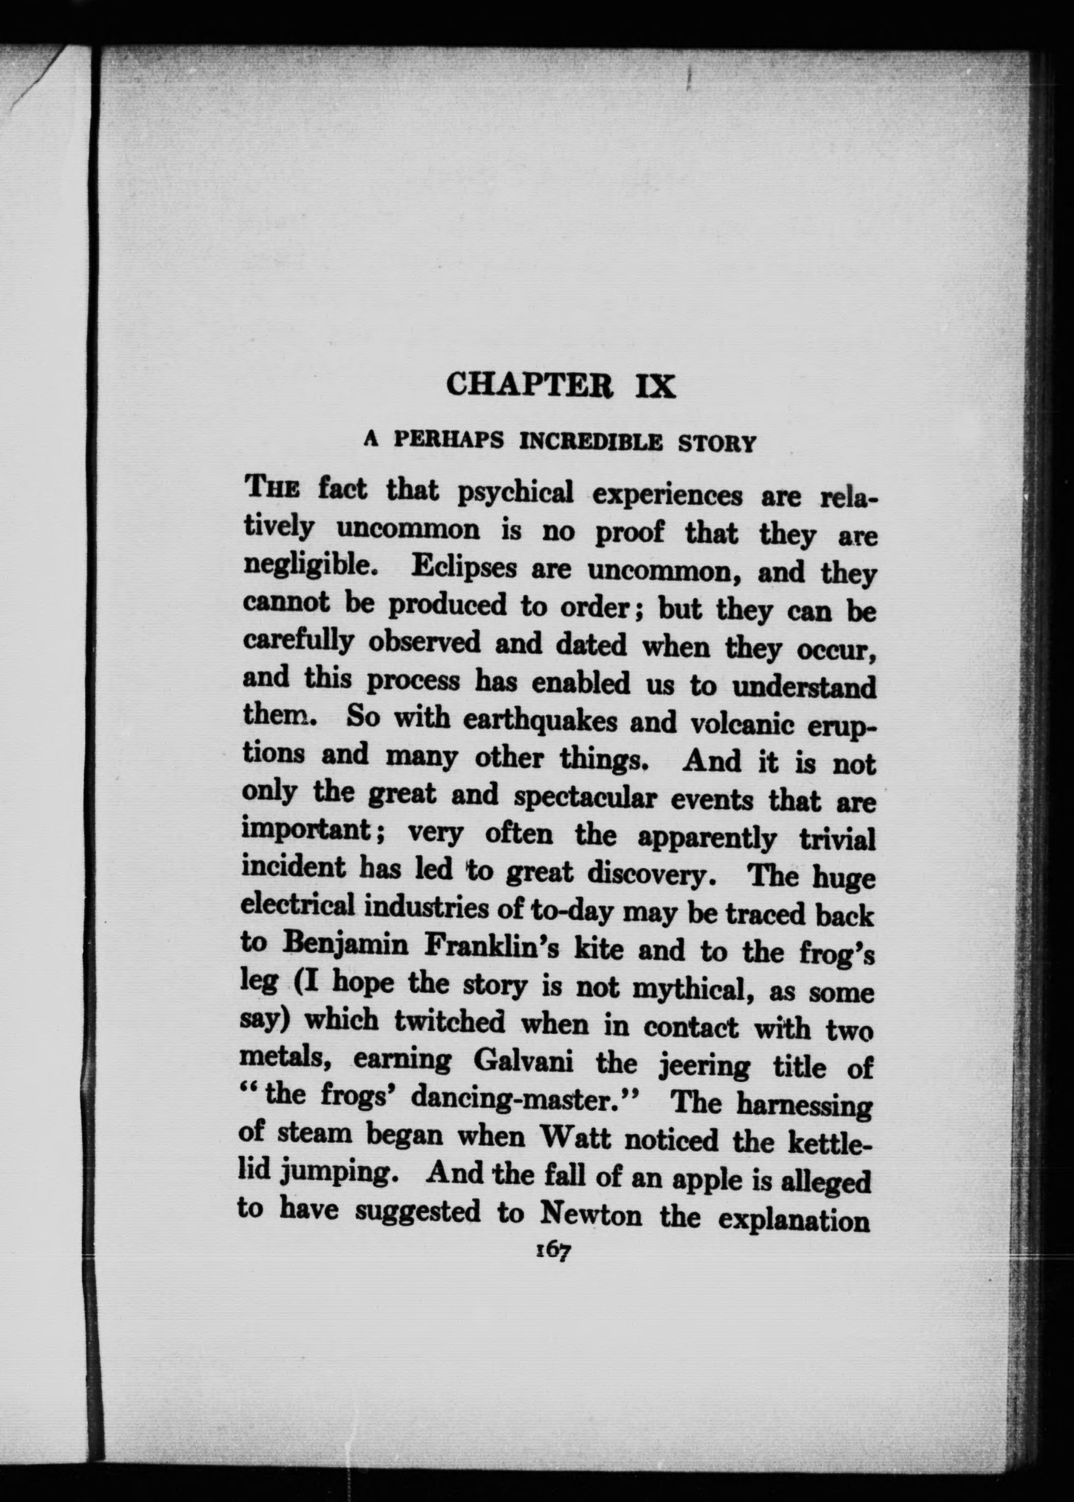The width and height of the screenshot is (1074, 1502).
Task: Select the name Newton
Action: tap(590, 1214)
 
